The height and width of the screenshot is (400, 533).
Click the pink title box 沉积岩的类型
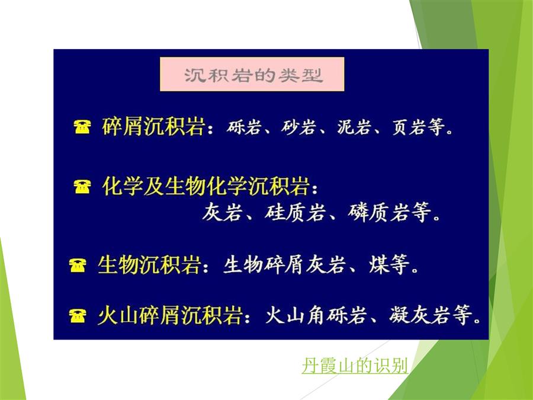tap(252, 74)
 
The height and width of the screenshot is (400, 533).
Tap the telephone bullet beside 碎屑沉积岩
tap(82, 127)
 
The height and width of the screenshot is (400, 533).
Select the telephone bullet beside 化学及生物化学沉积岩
tap(82, 187)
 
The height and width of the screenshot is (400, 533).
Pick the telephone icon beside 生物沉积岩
tap(78, 265)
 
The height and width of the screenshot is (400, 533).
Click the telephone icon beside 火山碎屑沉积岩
tap(78, 316)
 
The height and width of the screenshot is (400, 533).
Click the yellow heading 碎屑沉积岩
tap(153, 127)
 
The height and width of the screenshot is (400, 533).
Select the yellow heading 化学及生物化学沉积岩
tap(206, 187)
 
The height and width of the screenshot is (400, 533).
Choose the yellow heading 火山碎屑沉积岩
tap(170, 315)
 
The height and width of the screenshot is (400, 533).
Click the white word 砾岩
tap(244, 127)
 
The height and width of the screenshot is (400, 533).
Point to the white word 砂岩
tap(298, 127)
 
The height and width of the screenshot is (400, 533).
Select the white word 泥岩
tap(354, 127)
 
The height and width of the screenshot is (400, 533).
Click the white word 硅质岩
tap(294, 212)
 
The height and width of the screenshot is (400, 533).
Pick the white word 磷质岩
tap(378, 212)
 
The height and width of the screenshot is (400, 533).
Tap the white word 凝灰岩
tap(419, 315)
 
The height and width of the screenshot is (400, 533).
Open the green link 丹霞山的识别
tap(355, 366)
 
